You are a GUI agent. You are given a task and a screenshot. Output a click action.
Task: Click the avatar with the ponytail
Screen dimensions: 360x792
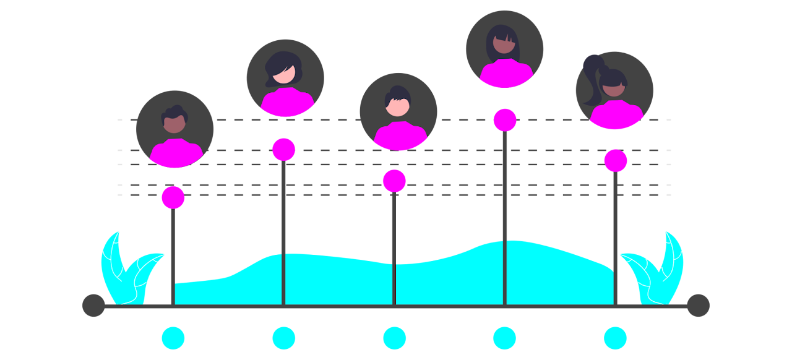614,90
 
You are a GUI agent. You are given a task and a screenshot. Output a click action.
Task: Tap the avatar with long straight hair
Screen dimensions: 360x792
504,49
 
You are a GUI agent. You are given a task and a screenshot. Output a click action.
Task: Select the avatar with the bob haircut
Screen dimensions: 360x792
285,78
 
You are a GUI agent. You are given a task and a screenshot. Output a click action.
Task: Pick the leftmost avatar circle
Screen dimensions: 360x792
174,129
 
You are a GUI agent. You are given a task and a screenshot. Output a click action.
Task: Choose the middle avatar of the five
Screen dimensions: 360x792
398,112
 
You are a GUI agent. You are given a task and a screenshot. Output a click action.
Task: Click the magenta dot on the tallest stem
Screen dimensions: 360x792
505,120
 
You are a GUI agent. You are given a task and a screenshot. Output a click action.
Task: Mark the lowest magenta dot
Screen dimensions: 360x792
173,197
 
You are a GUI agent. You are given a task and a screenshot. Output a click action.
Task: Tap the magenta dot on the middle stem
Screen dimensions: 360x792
394,181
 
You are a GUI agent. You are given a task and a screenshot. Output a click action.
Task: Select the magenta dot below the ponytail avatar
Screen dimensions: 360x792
616,161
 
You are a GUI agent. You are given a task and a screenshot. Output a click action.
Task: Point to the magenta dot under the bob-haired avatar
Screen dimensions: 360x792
284,150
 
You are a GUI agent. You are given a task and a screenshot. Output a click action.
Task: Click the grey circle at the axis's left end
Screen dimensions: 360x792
94,306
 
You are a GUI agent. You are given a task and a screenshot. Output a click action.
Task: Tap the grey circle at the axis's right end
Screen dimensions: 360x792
698,306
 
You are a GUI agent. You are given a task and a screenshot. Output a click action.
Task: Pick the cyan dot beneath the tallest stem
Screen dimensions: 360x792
504,338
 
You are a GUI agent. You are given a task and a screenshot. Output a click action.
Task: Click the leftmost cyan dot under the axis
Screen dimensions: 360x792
173,338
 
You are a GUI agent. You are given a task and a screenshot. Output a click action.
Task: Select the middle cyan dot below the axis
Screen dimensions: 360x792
394,338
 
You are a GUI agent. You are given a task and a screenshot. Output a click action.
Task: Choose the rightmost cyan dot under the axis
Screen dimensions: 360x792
615,338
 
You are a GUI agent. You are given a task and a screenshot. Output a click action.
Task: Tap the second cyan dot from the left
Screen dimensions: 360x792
284,338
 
